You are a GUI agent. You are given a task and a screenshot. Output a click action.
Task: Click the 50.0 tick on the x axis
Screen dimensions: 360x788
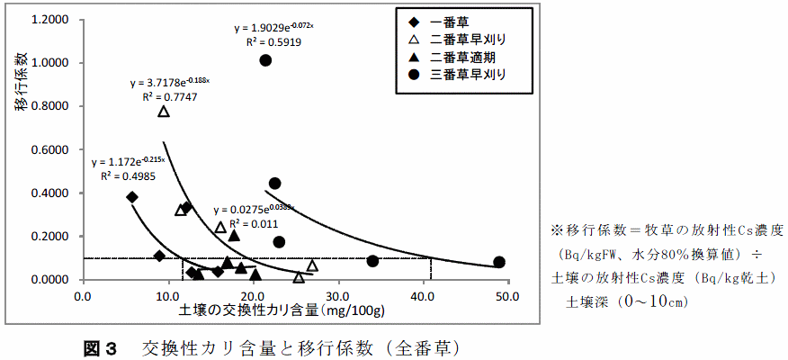508,294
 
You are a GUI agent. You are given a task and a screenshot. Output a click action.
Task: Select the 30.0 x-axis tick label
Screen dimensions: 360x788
338,294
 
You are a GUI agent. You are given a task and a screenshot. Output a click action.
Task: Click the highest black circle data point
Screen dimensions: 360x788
265,60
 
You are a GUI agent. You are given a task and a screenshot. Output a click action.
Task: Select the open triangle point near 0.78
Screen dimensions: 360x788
164,112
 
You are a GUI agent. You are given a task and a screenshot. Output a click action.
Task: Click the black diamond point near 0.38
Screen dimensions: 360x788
132,197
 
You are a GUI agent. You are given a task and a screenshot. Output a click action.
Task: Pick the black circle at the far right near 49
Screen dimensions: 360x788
499,262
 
